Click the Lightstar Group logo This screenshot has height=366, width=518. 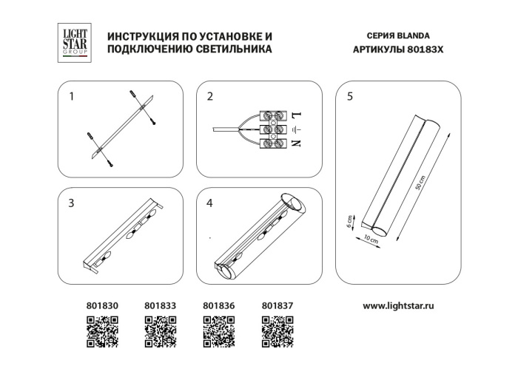(73, 41)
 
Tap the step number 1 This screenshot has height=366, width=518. (72, 96)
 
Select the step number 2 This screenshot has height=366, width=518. (210, 96)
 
